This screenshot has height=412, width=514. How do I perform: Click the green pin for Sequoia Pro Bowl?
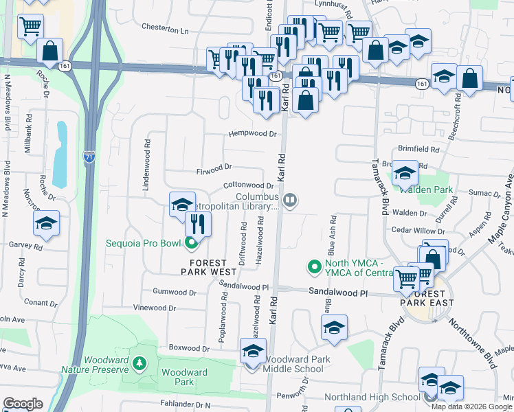point(192,242)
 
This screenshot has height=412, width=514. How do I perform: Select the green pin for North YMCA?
point(315,265)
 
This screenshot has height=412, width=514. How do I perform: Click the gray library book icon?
point(290,200)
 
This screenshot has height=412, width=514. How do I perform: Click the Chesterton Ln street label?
point(164,30)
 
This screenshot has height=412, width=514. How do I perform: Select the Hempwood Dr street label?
point(252,135)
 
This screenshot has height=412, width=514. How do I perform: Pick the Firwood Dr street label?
point(214,167)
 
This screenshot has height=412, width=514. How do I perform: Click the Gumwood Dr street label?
point(175,292)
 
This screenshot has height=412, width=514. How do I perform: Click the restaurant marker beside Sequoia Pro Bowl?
point(198,224)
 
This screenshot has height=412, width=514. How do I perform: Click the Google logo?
point(23,404)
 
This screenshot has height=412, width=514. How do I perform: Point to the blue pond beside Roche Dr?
point(61,155)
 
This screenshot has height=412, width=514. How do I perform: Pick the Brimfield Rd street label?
point(418,149)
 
